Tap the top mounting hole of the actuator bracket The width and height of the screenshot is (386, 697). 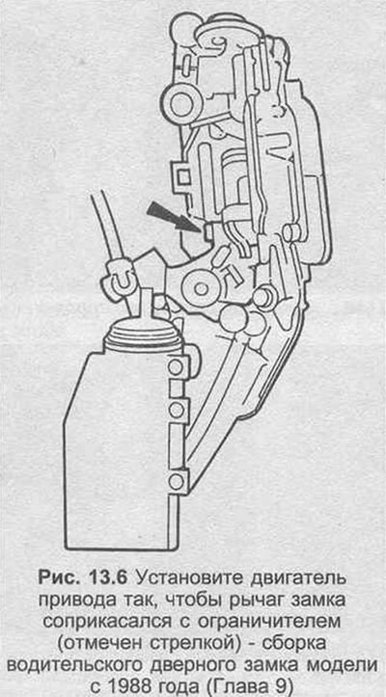coord(176,367)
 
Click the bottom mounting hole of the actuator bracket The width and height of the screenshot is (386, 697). coord(177,480)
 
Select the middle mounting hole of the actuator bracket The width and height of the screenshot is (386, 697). coord(177,409)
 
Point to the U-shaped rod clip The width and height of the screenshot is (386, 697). coord(122,280)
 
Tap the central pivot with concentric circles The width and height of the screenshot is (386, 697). coord(201,289)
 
